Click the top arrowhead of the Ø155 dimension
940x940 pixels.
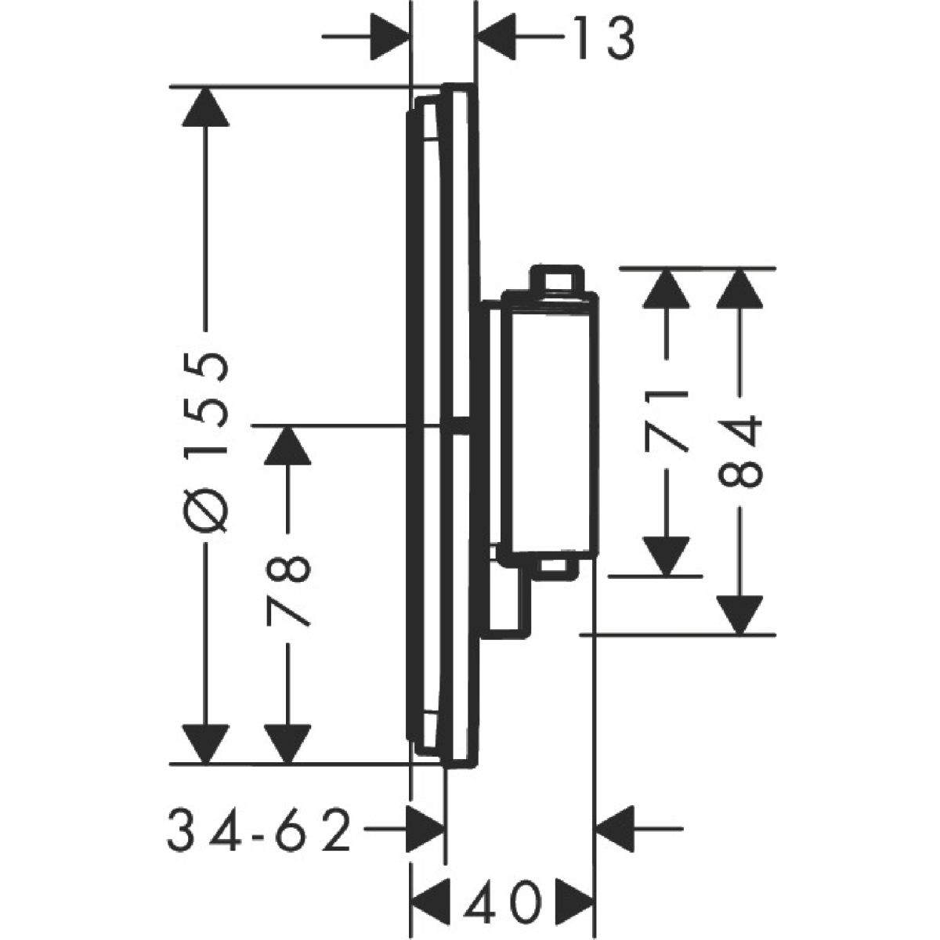(206, 106)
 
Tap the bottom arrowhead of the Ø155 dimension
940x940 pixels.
(206, 743)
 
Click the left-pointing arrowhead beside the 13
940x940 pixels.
(495, 38)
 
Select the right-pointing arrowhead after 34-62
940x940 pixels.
(425, 826)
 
